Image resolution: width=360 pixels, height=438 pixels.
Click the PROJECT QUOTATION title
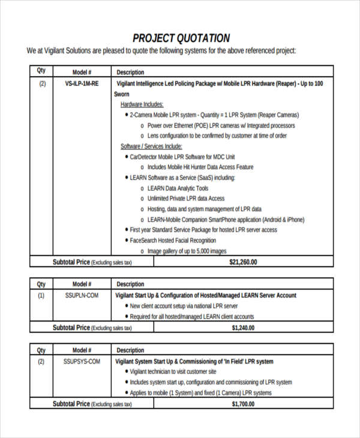tap(181, 37)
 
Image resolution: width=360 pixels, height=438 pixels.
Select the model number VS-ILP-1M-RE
tap(82, 84)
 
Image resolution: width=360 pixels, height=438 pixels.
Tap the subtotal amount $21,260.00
tap(243, 262)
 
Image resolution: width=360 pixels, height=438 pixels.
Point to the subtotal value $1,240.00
tap(243, 328)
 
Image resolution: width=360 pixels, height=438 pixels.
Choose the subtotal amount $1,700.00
tap(243, 404)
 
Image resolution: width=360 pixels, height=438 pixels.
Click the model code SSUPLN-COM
tap(82, 295)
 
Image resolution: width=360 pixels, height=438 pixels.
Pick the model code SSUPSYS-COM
tap(82, 361)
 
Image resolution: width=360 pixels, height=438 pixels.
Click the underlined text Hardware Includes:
tap(142, 104)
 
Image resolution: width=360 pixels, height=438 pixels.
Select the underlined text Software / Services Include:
tap(152, 146)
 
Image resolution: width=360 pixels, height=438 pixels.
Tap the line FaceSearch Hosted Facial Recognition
tap(173, 241)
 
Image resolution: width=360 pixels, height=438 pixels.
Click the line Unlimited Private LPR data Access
tap(186, 198)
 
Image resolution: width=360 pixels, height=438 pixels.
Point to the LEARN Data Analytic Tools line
tap(178, 188)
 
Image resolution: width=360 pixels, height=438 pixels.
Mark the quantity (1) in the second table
tap(41, 295)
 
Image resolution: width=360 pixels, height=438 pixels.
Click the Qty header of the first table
tap(41, 71)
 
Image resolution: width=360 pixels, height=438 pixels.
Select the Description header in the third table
tap(130, 350)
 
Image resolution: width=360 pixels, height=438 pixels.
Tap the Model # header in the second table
tap(82, 284)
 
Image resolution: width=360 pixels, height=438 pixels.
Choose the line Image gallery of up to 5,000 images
tap(187, 251)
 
